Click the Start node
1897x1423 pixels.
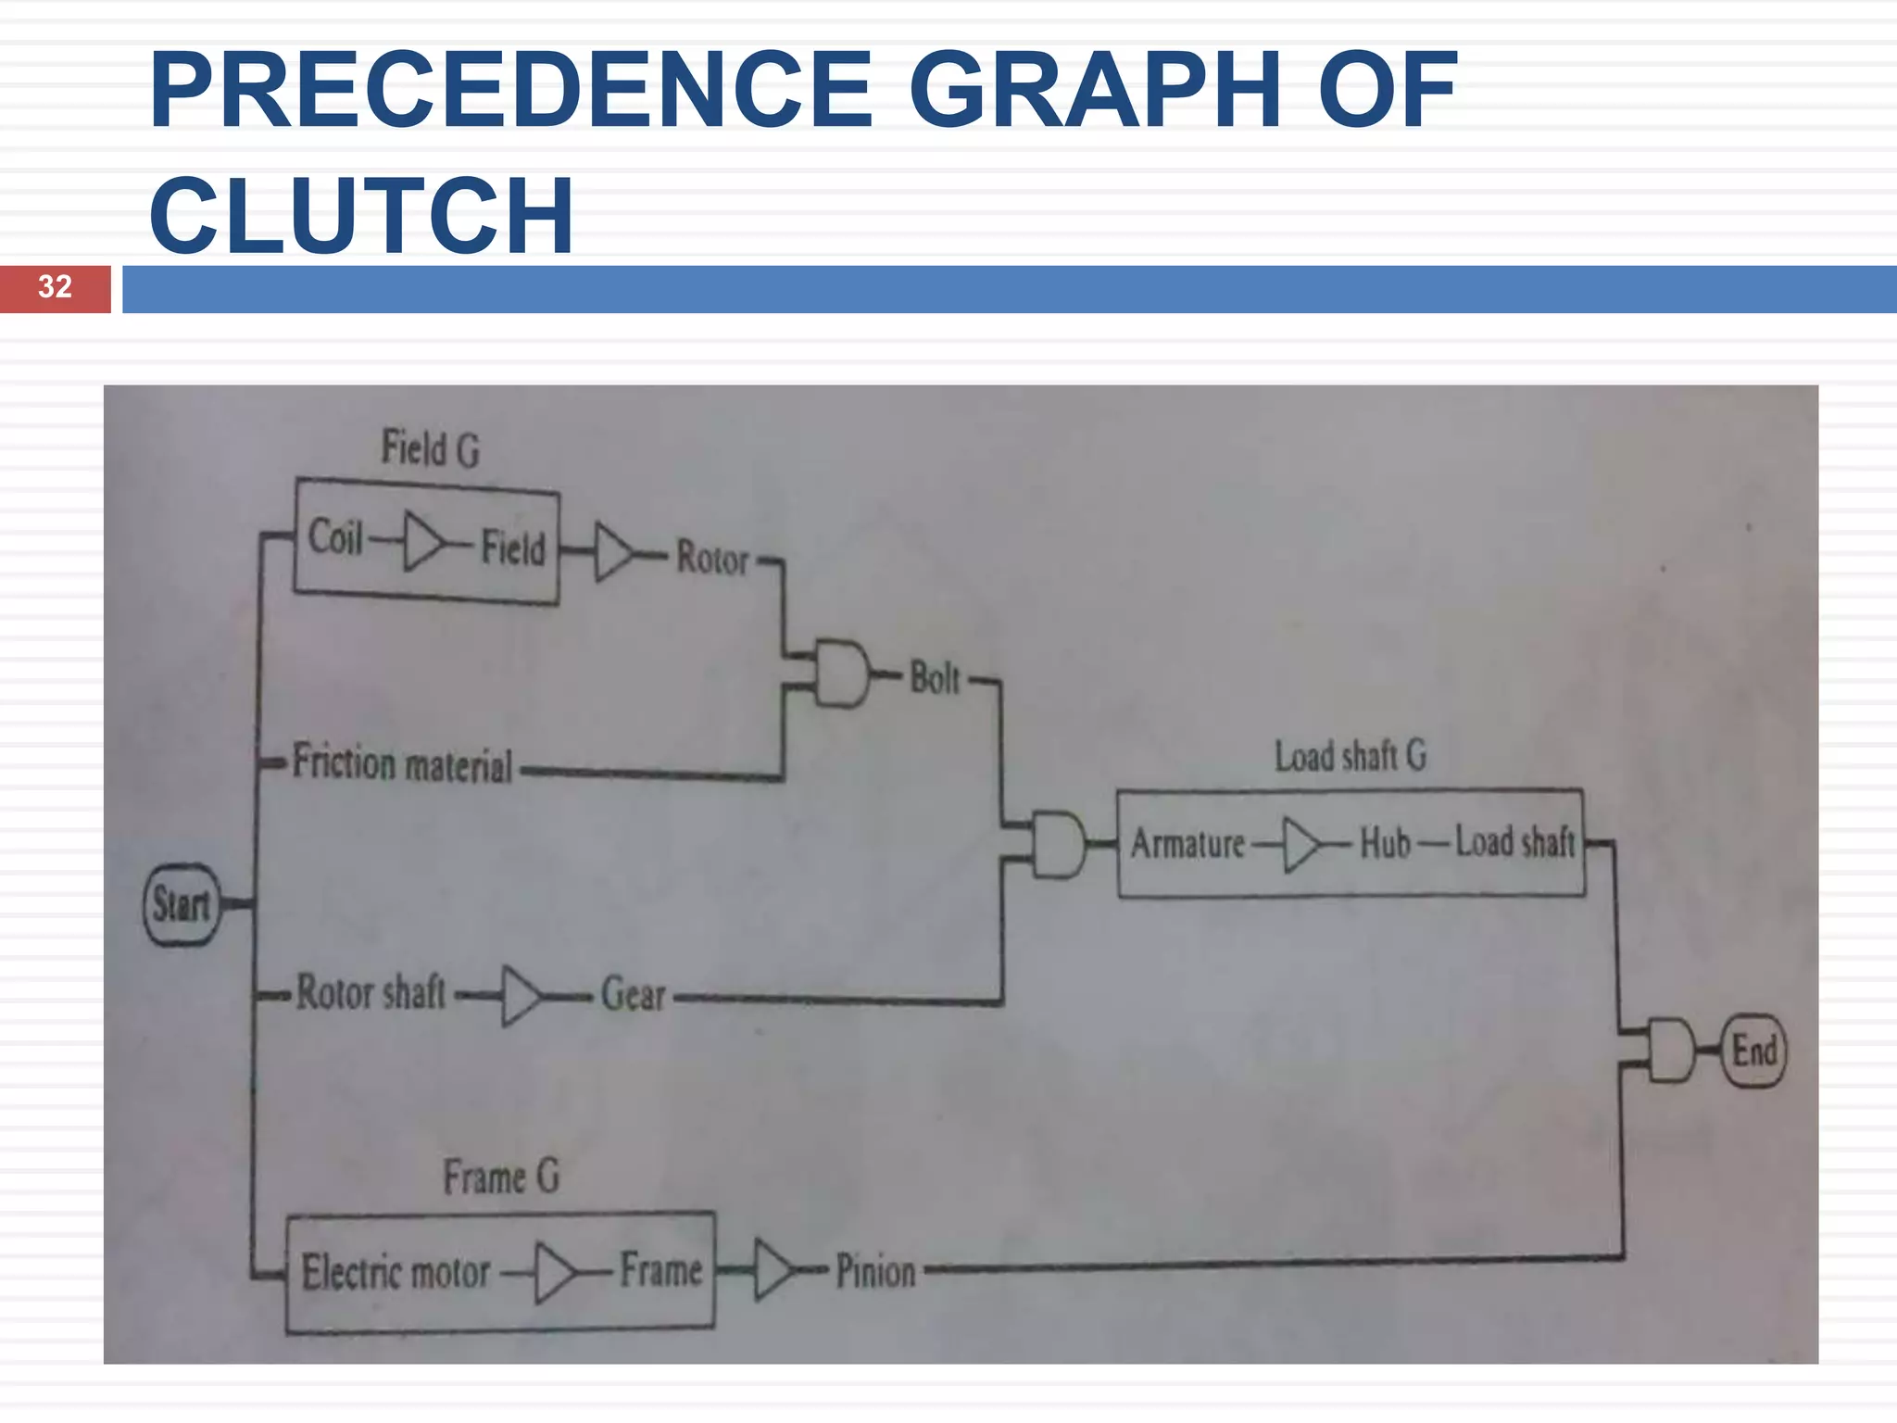182,904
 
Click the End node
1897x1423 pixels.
1753,1051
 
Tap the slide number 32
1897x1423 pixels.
55,287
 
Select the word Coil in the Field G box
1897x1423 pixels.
335,537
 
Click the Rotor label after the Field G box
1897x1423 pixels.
711,558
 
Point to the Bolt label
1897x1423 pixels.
935,678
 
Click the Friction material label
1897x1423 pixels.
402,764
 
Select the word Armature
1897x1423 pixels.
1187,844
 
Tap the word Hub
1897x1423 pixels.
1385,843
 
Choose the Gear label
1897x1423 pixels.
634,994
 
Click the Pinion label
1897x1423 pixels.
875,1271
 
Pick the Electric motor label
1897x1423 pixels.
396,1272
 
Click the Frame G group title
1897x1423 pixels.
501,1177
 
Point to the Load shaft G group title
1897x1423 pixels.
1350,756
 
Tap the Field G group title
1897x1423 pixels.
431,448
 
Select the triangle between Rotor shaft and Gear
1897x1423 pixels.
520,997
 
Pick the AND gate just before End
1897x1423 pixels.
1671,1051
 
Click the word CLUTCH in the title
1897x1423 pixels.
361,215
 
